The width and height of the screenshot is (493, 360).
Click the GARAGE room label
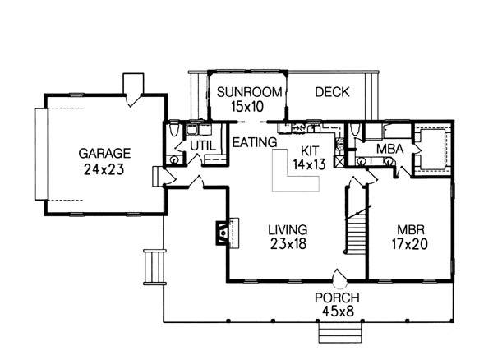click(105, 153)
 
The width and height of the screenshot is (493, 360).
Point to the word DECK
click(333, 92)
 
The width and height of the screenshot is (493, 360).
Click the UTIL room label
click(202, 145)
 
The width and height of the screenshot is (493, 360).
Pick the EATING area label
click(253, 142)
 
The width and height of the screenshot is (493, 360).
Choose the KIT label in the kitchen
click(309, 150)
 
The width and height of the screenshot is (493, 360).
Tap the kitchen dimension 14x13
click(309, 164)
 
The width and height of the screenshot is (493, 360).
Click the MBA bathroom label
click(389, 149)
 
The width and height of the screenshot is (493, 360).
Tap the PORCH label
click(337, 297)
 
